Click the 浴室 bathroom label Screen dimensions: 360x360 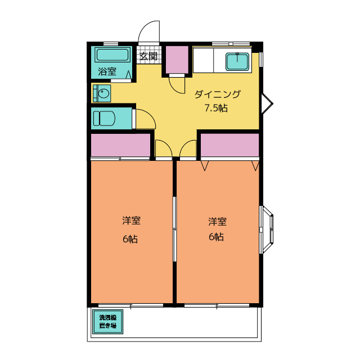107,71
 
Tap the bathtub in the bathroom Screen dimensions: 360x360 112,55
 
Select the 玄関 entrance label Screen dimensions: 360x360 148,56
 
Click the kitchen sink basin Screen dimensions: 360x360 237,61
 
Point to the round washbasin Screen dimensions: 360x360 103,93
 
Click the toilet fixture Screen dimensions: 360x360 104,119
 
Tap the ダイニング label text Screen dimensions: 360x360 218,94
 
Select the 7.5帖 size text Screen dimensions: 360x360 216,108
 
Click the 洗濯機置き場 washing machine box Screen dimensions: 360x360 107,321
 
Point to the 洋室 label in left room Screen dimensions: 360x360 131,220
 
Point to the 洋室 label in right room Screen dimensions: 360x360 217,221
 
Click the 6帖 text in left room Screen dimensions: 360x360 130,239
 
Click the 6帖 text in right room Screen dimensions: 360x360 216,237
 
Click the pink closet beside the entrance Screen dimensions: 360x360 177,60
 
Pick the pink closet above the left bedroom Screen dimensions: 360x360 120,145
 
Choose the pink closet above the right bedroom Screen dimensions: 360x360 230,145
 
